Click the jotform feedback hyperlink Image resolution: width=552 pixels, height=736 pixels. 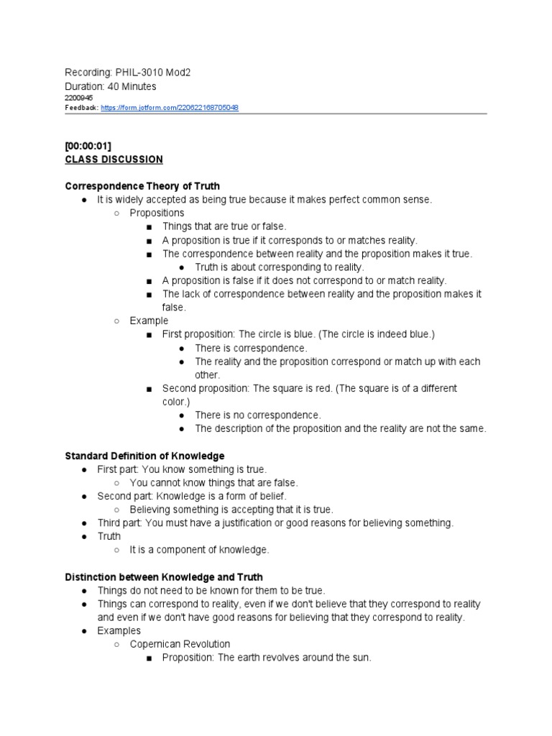[x=170, y=108]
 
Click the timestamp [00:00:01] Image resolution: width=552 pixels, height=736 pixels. [x=88, y=147]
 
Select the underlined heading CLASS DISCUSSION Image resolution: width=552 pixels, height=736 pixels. [x=114, y=160]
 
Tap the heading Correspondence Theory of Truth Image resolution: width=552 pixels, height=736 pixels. [x=142, y=186]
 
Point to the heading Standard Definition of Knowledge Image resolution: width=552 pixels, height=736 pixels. [x=144, y=456]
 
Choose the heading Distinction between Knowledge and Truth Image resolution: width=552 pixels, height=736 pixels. [x=164, y=577]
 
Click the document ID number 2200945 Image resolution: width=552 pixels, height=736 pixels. [x=79, y=98]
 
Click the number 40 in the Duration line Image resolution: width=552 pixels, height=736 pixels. [x=114, y=86]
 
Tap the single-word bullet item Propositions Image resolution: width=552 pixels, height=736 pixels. [x=157, y=213]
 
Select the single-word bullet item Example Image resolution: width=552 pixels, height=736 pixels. [x=149, y=321]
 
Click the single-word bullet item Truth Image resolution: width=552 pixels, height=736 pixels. [x=109, y=536]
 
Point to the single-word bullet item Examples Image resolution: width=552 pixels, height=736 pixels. [x=119, y=631]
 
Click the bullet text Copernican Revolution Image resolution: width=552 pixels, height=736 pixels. [x=180, y=644]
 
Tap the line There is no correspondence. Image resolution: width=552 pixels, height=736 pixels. [x=258, y=415]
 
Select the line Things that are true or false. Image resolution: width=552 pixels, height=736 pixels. [x=224, y=226]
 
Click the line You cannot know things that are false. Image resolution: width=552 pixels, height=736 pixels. [x=213, y=483]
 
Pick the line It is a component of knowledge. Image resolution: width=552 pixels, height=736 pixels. [x=199, y=550]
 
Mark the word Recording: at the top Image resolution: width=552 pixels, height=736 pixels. [x=88, y=73]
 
